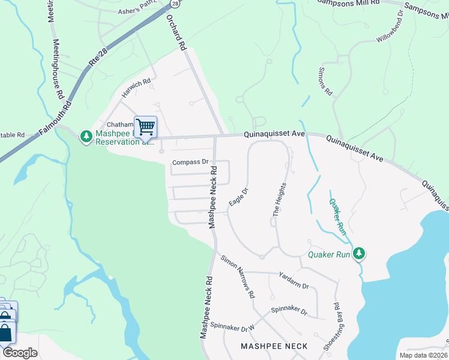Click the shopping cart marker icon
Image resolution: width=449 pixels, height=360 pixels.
click(x=145, y=127)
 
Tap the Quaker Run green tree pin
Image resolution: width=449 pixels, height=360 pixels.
click(x=359, y=254)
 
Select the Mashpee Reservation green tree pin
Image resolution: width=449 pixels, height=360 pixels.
click(x=86, y=137)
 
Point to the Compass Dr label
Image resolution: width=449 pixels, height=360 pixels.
click(x=190, y=162)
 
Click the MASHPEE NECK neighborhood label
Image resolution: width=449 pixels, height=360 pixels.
click(x=274, y=346)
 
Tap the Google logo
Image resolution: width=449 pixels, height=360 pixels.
click(x=20, y=353)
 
